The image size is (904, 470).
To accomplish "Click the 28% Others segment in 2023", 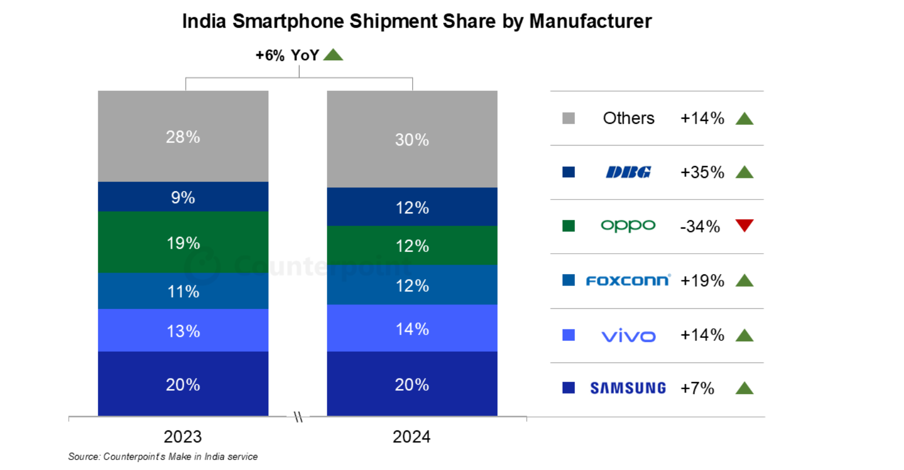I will coord(183,136).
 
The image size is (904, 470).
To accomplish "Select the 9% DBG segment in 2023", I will coord(183,197).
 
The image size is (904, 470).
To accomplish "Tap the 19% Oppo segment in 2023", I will coord(183,243).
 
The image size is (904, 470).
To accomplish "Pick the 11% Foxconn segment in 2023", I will coord(183,291).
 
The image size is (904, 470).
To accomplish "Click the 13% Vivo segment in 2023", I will coord(183,331).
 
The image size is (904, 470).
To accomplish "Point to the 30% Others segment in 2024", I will coord(412,139).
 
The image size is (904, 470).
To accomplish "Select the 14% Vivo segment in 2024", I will coord(412,328).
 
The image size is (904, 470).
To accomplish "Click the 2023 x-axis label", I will coord(182,437).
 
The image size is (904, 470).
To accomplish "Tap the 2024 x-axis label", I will coord(412,437).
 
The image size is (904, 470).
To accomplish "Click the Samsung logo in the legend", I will coord(628,388).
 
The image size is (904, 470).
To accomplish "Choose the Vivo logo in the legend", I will coord(629,336).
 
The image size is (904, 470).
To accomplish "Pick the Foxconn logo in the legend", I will coord(628,280).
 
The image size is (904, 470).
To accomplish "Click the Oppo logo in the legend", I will coord(628,225).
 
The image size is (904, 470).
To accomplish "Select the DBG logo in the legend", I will coord(629,172).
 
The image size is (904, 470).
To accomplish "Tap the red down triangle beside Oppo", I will coord(745,225).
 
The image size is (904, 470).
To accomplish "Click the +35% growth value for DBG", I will coord(702,172).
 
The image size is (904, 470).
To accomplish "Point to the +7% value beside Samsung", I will coord(697,388).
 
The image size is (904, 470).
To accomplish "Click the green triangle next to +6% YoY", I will coord(333,55).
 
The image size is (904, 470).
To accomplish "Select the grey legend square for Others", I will coord(568,118).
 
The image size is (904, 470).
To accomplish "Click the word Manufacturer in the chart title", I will coord(590,21).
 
